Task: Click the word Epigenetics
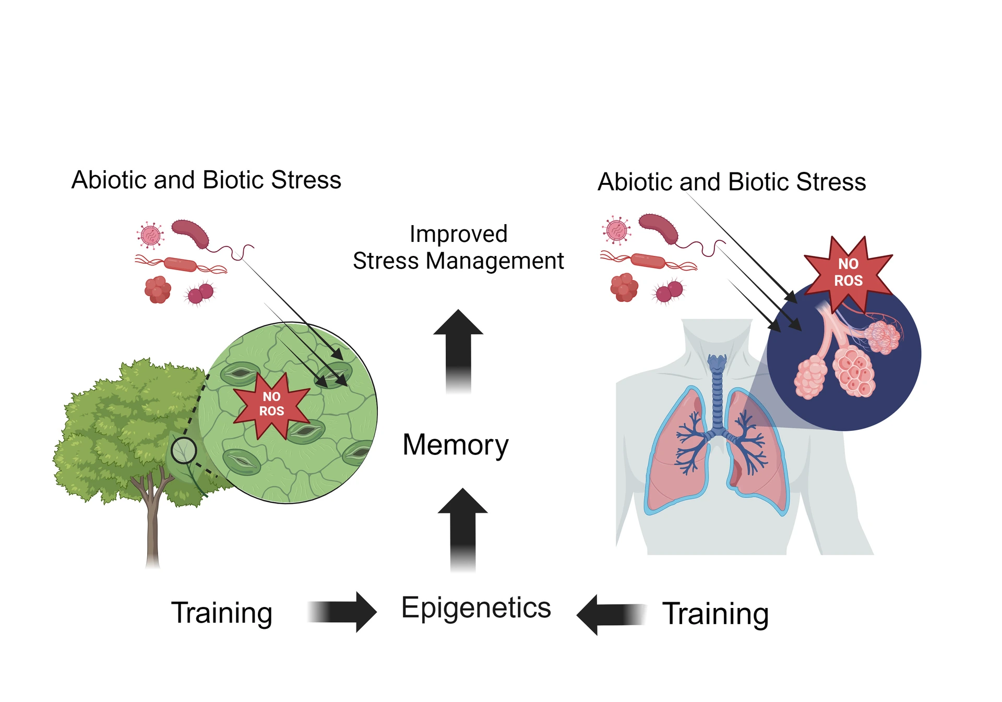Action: [475, 609]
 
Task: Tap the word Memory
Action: [455, 445]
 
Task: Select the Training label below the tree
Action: [221, 613]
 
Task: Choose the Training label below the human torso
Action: [715, 614]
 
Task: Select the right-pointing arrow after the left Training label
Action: [344, 612]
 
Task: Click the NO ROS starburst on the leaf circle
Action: [271, 404]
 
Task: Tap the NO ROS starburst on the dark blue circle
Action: [848, 272]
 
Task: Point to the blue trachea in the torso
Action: [717, 392]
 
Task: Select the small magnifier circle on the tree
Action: [184, 450]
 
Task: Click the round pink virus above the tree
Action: [150, 235]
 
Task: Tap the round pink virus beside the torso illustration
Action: [616, 230]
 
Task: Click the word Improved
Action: [458, 234]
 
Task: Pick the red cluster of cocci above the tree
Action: [158, 289]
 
